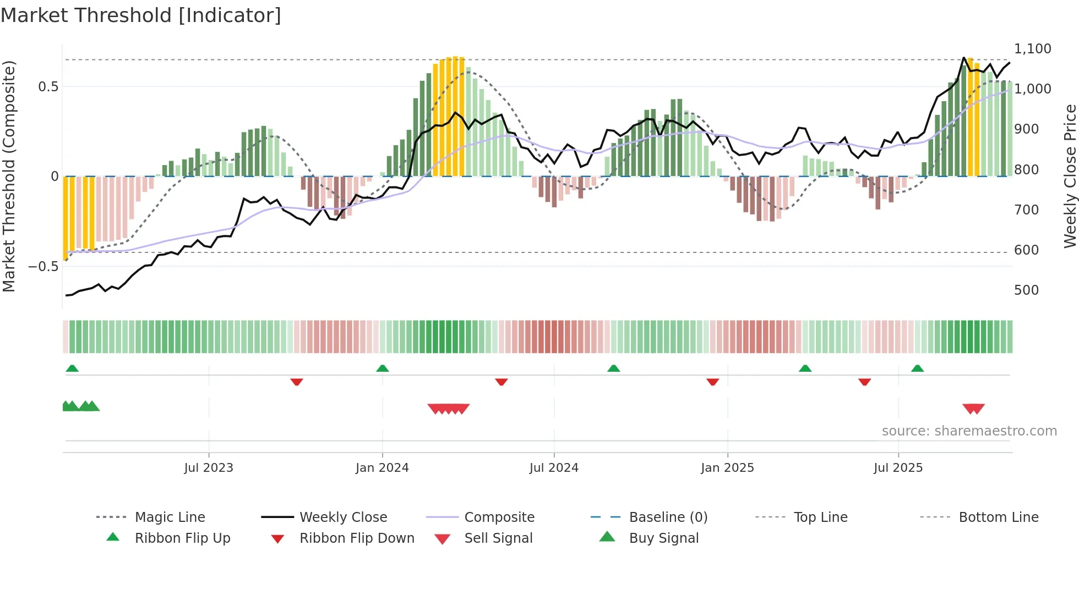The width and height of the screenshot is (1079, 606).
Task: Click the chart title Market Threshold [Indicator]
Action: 141,15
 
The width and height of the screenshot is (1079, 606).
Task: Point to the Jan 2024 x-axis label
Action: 382,468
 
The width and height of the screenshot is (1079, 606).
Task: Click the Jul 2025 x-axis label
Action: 898,468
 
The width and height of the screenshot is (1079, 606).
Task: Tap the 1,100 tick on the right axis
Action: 1032,49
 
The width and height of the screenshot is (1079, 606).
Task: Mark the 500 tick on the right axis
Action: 1026,290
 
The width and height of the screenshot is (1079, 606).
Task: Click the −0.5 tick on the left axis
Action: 43,267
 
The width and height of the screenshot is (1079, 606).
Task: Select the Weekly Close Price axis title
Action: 1070,176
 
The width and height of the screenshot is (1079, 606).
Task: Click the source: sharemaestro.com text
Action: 969,431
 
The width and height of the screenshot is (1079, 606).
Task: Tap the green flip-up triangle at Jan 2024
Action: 383,368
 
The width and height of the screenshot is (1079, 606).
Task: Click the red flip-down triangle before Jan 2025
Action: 713,382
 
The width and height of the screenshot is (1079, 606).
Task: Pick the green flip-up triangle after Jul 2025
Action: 917,368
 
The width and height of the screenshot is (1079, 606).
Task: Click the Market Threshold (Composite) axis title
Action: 9,176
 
